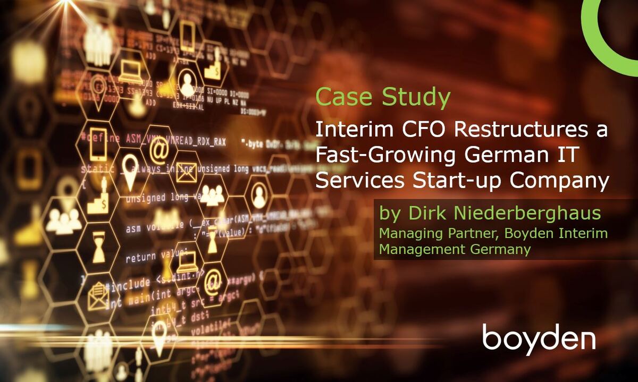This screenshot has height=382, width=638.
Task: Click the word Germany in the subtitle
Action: [x=499, y=249]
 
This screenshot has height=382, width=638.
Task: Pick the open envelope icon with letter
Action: [x=98, y=295]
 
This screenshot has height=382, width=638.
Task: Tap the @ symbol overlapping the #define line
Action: [x=158, y=149]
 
